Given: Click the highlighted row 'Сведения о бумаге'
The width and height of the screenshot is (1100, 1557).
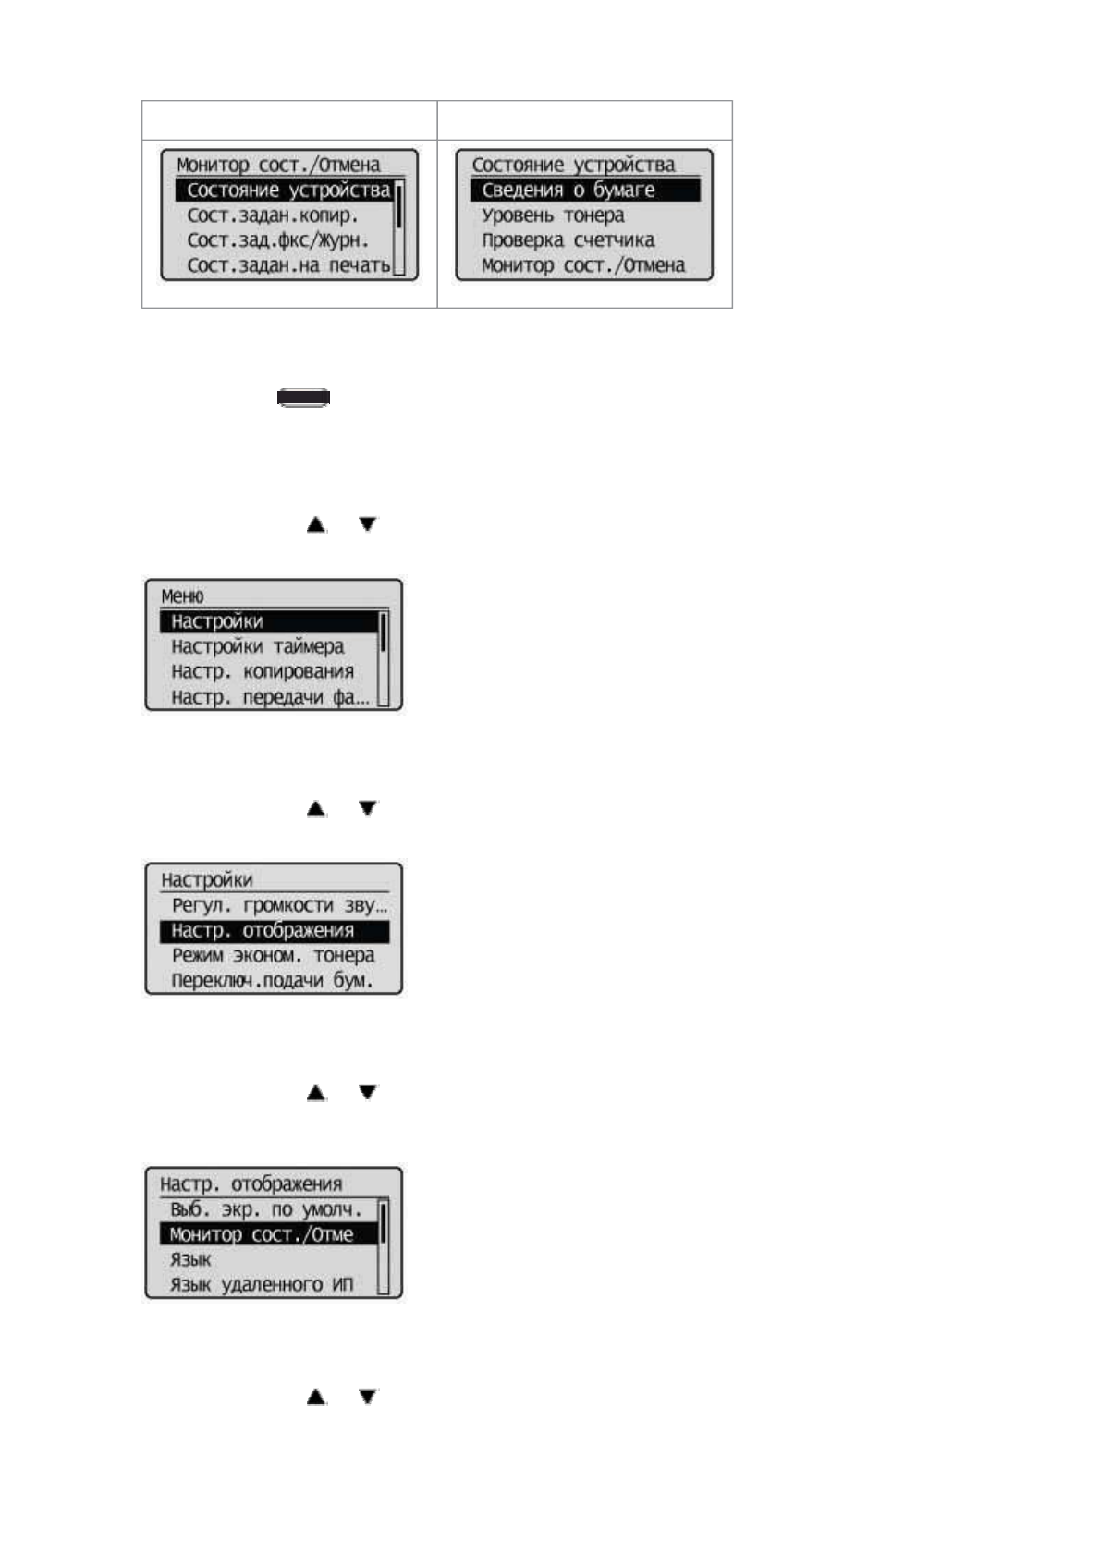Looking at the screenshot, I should tap(568, 190).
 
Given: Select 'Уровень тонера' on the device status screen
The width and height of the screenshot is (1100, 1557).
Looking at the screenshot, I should tap(553, 215).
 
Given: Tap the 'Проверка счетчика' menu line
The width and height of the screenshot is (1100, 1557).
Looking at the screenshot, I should tap(568, 240).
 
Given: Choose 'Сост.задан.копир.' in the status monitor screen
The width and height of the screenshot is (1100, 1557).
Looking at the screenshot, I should tap(273, 215).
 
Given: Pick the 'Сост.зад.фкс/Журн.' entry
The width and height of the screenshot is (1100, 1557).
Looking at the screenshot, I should tap(278, 240).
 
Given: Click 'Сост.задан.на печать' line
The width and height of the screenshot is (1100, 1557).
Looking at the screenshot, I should tap(288, 265).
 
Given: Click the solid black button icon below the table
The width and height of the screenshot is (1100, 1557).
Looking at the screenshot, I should tap(304, 398).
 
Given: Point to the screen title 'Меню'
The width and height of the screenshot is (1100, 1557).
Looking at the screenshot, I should tap(182, 596).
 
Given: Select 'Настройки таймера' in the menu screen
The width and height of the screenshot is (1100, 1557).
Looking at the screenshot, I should tap(258, 646).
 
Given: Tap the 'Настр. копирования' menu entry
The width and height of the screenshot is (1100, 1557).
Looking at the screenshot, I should tap(263, 671).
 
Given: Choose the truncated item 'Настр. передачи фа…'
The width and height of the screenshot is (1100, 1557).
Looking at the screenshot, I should tap(270, 697).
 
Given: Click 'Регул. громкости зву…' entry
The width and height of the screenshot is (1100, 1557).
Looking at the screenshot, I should tap(279, 905).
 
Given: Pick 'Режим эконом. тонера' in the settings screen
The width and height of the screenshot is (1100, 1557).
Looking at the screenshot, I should tap(273, 955).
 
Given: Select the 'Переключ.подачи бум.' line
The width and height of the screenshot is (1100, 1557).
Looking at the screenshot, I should tap(273, 981).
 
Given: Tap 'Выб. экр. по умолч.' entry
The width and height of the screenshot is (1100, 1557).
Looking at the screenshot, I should tap(266, 1209).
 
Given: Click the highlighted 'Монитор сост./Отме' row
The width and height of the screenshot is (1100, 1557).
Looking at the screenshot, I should tap(262, 1234).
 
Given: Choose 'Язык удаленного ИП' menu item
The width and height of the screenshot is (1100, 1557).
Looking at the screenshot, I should tap(262, 1284).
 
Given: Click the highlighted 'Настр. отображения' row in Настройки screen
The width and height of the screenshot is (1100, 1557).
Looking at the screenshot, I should tap(263, 930).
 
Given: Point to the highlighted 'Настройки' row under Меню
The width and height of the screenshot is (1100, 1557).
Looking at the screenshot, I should tap(217, 621).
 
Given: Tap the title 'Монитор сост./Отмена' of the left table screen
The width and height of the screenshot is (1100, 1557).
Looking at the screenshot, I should tap(278, 165).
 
